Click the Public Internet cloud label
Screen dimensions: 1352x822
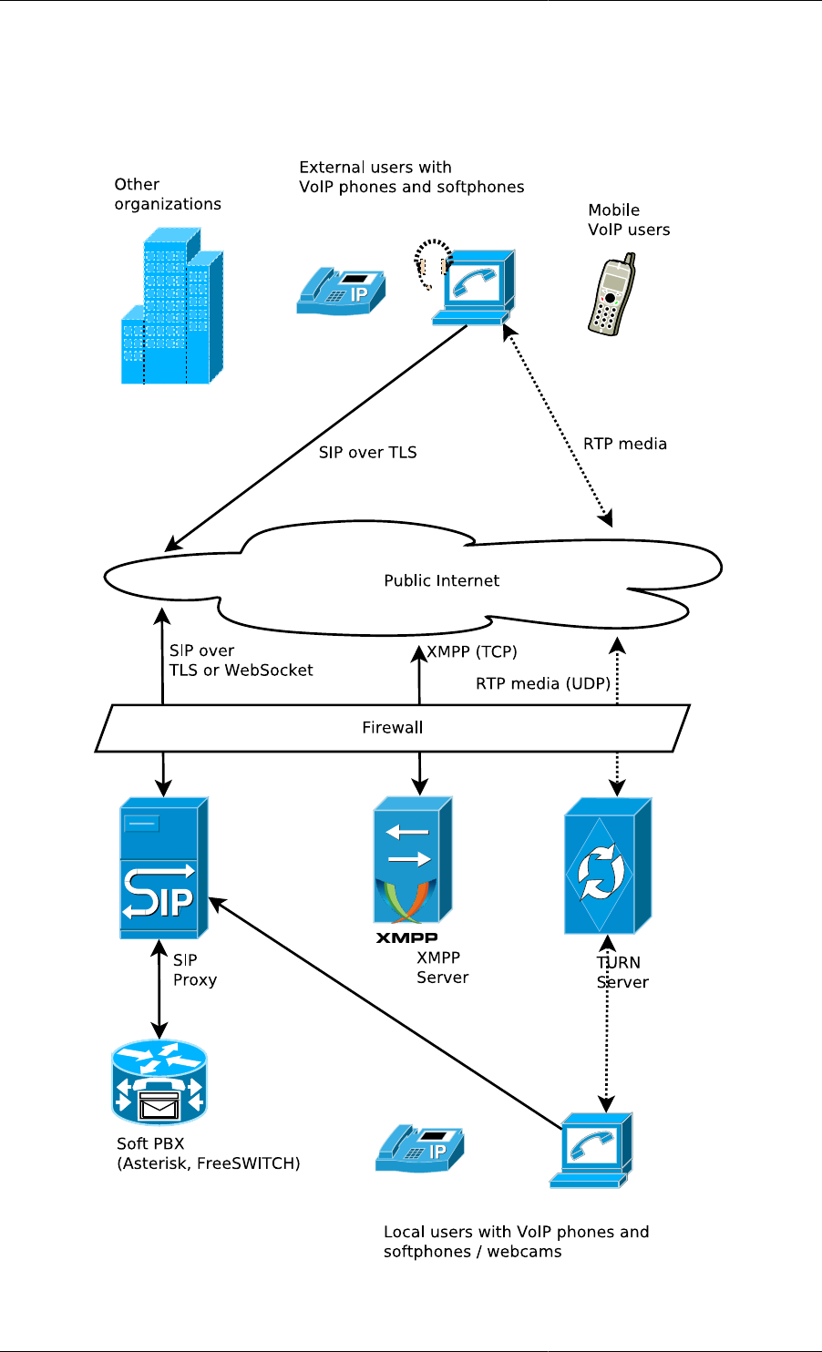[x=441, y=580]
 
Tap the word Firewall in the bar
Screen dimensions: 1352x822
[x=393, y=727]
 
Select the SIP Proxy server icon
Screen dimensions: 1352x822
[x=163, y=868]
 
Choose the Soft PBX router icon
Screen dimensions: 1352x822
[x=159, y=1084]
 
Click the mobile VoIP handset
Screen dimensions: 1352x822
[x=611, y=295]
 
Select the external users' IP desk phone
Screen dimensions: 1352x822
[x=340, y=290]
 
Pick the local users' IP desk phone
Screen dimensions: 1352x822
[x=419, y=1147]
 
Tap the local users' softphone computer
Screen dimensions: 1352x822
[x=591, y=1150]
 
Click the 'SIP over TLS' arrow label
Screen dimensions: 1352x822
[x=367, y=452]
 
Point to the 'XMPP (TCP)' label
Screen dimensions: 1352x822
[x=472, y=651]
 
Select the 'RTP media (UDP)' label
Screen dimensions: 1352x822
[x=543, y=683]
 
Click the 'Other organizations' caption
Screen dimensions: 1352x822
[x=168, y=194]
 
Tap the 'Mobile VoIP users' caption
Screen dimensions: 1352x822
[x=629, y=220]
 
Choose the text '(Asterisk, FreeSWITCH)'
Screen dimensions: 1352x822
[x=209, y=1163]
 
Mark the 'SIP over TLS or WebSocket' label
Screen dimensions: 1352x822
[x=241, y=661]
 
